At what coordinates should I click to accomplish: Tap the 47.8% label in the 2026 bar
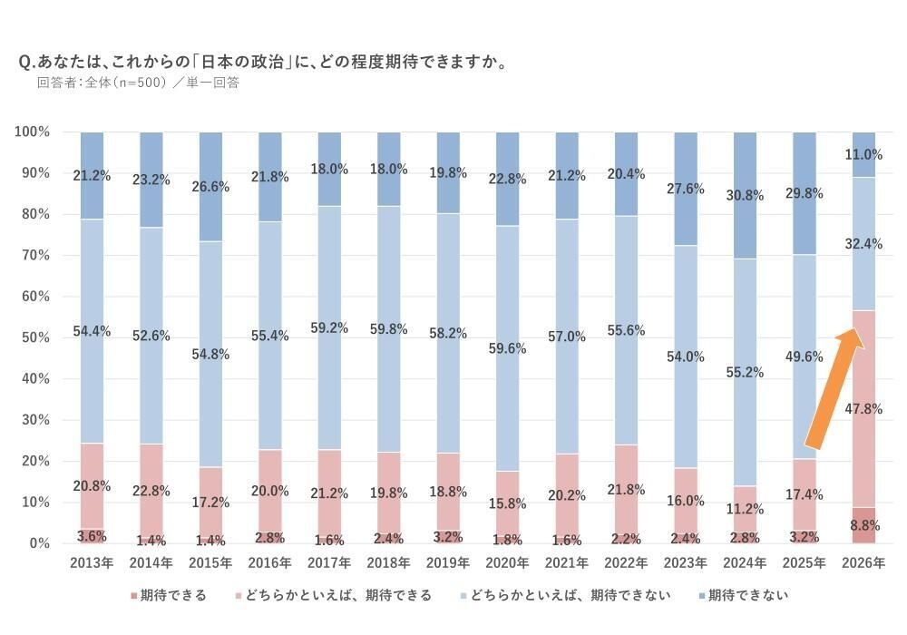(x=863, y=409)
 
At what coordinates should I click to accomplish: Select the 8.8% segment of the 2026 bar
(x=863, y=525)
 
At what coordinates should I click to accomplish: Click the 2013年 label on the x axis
(x=92, y=563)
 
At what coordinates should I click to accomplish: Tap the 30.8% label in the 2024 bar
(x=745, y=195)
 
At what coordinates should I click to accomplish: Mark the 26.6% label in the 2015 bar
(x=210, y=187)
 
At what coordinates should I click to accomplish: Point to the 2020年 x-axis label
(x=508, y=563)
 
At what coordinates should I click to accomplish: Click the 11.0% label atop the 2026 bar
(x=863, y=154)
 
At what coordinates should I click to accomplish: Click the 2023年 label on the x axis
(x=686, y=563)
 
